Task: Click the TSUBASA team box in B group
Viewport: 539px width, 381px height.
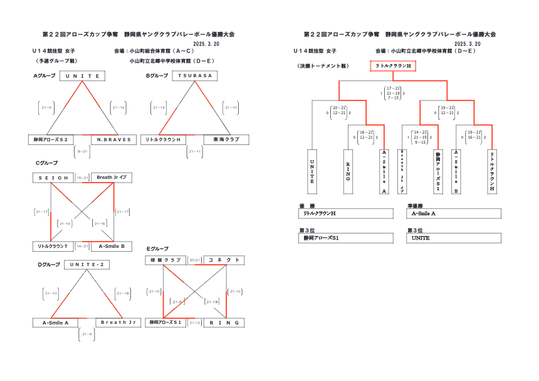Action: (194, 76)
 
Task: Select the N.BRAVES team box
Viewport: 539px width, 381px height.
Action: (113, 139)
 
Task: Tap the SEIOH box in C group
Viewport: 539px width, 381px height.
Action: (53, 178)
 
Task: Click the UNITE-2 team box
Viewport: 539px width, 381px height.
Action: (86, 265)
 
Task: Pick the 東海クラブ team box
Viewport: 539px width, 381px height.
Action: (226, 139)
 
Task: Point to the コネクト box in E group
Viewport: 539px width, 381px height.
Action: (223, 260)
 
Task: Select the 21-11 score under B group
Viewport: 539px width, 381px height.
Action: (195, 151)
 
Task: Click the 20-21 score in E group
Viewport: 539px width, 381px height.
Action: (194, 260)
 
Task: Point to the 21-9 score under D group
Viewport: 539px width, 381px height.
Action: (86, 335)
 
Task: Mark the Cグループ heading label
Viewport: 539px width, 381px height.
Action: (46, 163)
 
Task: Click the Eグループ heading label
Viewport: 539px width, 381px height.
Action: (157, 249)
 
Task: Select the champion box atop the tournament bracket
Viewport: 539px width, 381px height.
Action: (393, 65)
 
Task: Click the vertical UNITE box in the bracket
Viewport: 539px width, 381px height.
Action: (311, 171)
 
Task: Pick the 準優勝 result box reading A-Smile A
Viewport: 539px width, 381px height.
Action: (454, 214)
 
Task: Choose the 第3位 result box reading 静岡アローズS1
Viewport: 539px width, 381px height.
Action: (347, 239)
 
